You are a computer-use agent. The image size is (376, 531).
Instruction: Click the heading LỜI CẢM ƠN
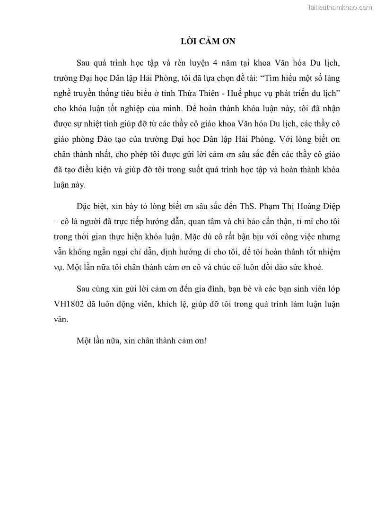pyautogui.click(x=208, y=42)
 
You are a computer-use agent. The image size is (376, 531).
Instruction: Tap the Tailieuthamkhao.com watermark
pyautogui.click(x=339, y=7)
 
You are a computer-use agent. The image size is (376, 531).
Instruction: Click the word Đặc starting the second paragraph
pyautogui.click(x=84, y=207)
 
